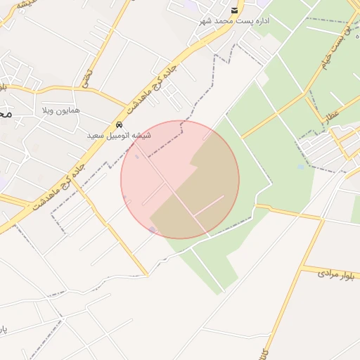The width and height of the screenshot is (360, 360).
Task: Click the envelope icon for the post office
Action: click(235, 10)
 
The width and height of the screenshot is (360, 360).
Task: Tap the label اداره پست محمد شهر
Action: click(235, 21)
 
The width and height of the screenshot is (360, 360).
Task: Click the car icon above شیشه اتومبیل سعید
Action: click(119, 124)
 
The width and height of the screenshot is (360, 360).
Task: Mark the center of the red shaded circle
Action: click(180, 179)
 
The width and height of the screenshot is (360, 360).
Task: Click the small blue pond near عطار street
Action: click(301, 167)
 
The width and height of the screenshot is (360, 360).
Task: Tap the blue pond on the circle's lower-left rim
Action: click(152, 230)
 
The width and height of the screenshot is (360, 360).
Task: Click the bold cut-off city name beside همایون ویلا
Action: click(6, 113)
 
